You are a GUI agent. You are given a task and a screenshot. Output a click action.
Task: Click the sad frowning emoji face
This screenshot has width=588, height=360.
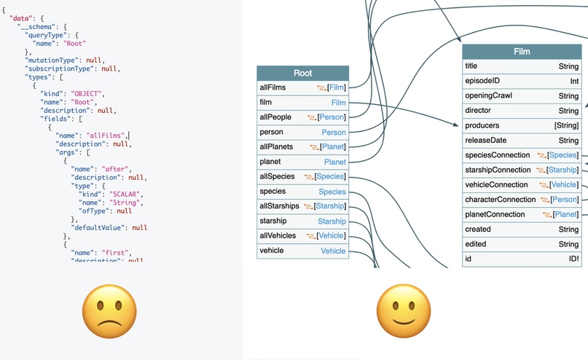[109, 309]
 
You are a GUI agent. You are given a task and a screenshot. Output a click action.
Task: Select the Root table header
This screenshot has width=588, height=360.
[302, 73]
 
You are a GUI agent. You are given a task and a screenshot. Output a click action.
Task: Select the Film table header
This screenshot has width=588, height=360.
[521, 52]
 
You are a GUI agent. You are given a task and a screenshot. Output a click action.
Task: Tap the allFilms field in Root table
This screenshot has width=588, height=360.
[273, 87]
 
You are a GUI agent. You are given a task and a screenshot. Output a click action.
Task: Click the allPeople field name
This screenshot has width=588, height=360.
[276, 117]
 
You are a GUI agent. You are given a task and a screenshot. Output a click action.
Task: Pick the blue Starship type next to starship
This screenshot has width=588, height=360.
[332, 221]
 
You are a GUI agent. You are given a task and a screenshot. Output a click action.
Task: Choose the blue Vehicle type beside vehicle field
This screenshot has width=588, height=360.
[333, 251]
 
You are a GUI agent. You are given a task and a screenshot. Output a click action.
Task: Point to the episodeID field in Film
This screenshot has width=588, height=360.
[482, 81]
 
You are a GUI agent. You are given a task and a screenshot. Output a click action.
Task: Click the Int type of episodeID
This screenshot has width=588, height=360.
[573, 81]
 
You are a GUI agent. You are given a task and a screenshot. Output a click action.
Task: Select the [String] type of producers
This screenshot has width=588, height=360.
[566, 125]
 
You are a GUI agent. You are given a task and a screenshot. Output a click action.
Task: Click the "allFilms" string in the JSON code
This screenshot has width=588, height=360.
[106, 135]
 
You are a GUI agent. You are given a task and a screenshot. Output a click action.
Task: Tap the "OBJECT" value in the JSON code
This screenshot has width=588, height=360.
[87, 93]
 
